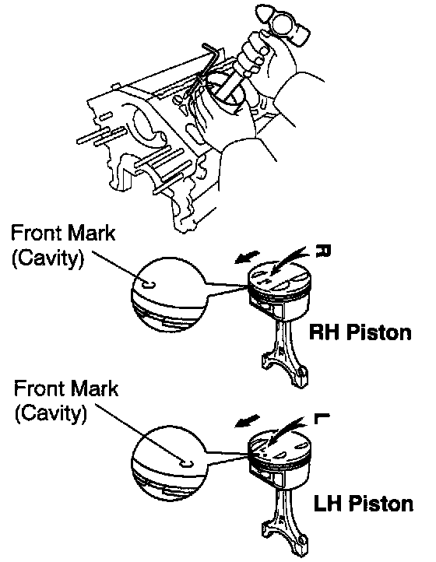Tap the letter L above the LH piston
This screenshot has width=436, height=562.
coord(322,418)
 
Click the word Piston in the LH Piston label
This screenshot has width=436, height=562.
coord(381,503)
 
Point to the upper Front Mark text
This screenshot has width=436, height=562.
coord(64,233)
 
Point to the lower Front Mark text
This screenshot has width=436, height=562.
coord(66,388)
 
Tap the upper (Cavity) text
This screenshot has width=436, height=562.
coord(48,258)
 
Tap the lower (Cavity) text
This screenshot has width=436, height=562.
coord(51,413)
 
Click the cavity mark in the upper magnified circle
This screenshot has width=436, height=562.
coord(149,285)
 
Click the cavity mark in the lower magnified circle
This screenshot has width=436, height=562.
coord(186,464)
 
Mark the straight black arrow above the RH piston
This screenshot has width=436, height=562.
coord(248,257)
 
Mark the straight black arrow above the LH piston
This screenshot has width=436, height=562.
coord(248,421)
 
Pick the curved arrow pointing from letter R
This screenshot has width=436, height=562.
coord(289,261)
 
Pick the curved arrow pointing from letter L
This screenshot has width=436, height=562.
coord(287,430)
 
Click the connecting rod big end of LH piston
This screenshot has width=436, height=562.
coord(284,540)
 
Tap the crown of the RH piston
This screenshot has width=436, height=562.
coord(280,276)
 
